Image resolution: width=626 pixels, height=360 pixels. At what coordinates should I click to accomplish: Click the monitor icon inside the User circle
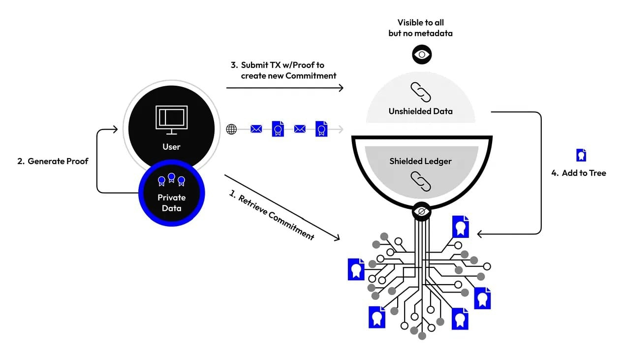coord(172,120)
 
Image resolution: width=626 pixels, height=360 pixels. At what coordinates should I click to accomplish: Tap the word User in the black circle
coord(171,147)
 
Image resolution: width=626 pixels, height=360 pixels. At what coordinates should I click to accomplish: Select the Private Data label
coord(172,203)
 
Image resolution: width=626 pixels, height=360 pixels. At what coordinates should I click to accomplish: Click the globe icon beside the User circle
coord(231,129)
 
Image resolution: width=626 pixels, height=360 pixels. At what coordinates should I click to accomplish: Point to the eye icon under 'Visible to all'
coord(422,54)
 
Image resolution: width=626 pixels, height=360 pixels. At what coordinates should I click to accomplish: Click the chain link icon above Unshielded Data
coord(421,92)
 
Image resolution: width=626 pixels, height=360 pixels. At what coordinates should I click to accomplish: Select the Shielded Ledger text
coord(420,161)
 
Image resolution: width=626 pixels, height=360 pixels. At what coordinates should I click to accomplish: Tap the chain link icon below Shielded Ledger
coord(421,181)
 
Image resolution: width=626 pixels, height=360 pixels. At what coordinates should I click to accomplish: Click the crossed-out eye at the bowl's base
coord(421,211)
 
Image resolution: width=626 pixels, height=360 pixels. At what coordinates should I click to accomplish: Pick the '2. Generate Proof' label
coord(53,161)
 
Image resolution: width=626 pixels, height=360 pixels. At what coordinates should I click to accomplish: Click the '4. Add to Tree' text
coord(578,173)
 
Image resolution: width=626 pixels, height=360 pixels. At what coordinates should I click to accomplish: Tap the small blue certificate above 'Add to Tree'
coord(581,155)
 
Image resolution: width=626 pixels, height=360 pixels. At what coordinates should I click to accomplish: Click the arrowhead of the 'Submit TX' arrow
coord(341,88)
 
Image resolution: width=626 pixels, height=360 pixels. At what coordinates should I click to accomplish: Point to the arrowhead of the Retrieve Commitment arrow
coord(337,237)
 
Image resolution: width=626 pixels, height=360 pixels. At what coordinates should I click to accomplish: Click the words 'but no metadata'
coord(420,33)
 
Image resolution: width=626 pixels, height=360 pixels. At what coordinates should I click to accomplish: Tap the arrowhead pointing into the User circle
coord(116,129)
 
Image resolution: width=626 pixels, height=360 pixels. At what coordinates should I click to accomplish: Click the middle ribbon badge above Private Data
coord(171,178)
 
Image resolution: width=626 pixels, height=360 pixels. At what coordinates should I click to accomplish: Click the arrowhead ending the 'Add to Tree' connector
coord(480,234)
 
